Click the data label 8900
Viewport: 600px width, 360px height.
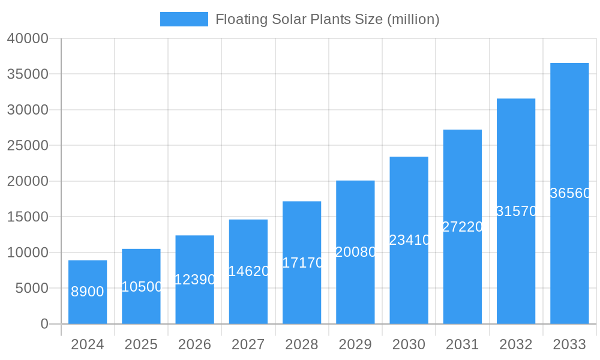(x=88, y=292)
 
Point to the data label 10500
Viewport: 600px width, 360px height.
(x=142, y=287)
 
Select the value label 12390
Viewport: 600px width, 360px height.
(x=195, y=280)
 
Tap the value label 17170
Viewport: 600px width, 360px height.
(x=302, y=263)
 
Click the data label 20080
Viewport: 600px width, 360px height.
(x=355, y=252)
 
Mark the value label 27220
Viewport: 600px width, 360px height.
(x=463, y=227)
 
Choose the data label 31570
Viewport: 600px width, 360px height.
(x=516, y=211)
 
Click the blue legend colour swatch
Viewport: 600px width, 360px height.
(x=184, y=19)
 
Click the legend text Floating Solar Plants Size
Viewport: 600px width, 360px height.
(x=327, y=19)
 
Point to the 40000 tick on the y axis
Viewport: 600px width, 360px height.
(x=28, y=38)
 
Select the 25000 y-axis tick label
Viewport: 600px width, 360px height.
(x=28, y=145)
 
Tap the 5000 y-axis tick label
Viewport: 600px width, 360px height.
(x=31, y=288)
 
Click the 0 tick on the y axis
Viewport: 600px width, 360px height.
(x=44, y=324)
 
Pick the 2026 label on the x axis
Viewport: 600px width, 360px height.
(x=195, y=344)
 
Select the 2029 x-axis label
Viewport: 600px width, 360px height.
(x=355, y=344)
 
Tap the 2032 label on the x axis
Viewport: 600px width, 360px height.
(x=516, y=344)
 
